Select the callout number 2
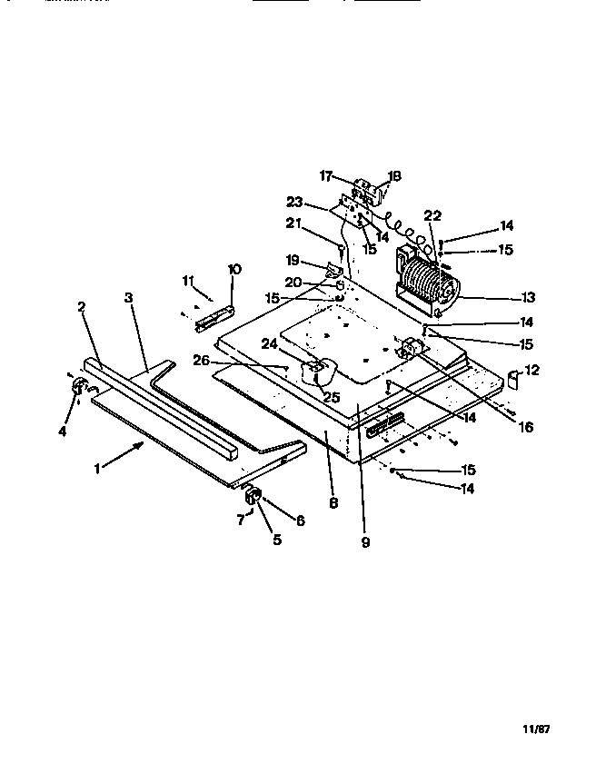tap(81, 308)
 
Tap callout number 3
tap(129, 297)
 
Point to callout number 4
tap(63, 432)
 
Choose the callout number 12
tap(531, 370)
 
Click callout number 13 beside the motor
tap(528, 298)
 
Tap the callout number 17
tap(325, 175)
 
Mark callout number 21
tap(293, 223)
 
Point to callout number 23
tap(293, 202)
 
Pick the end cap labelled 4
tap(75, 389)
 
